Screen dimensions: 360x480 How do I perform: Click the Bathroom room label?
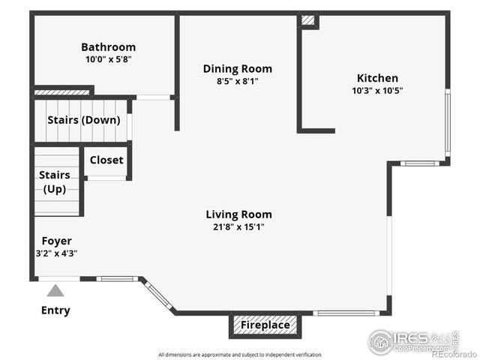pos(108,46)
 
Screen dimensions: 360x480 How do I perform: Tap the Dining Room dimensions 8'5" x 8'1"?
pos(237,81)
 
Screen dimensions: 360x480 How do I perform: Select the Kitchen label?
pos(377,78)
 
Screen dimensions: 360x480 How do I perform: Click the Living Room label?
pos(239,214)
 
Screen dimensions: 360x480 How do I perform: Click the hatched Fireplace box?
pos(265,325)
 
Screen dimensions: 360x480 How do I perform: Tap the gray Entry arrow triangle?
pos(55,291)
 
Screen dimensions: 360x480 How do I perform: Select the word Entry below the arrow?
pos(55,310)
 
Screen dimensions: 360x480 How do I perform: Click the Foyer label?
pos(56,241)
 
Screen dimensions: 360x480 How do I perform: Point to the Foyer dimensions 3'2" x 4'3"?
pos(56,253)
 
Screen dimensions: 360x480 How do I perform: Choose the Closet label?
pos(106,160)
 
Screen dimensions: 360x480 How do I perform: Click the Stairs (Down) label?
pos(83,120)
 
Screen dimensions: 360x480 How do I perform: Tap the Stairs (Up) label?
pos(55,181)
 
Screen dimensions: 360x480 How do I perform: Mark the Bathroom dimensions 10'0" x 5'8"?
pos(108,58)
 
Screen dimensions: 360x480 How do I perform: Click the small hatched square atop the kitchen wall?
pos(308,20)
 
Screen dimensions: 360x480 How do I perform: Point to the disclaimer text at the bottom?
pos(239,354)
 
